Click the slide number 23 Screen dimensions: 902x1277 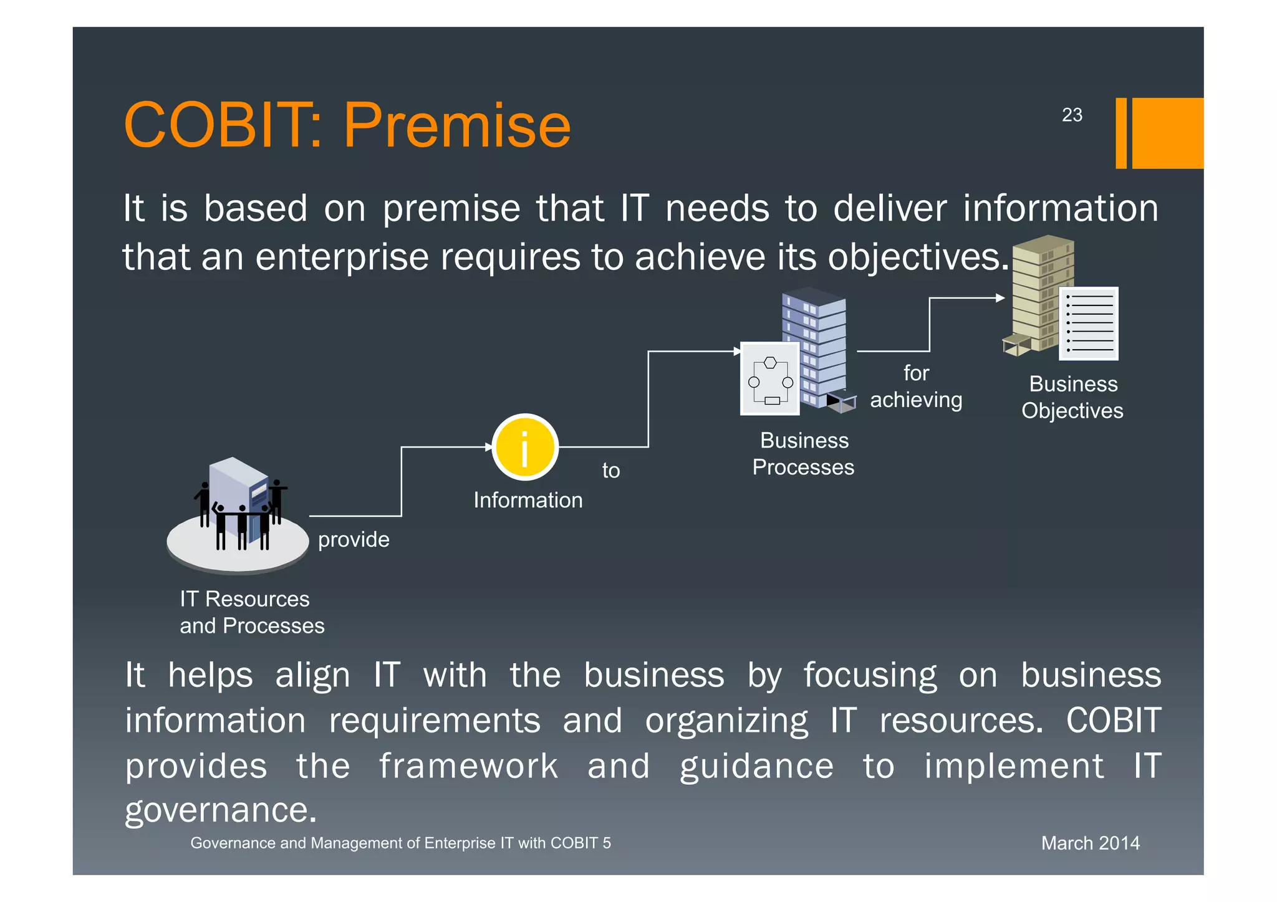pos(1072,115)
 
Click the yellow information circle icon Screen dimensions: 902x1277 pos(525,447)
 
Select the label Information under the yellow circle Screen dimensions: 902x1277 pos(528,500)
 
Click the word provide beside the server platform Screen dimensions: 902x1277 pos(354,539)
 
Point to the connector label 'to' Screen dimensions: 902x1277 pos(610,471)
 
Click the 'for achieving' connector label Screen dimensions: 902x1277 pos(915,386)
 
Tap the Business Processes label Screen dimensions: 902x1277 pos(803,454)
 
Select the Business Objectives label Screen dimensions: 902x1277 pos(1072,397)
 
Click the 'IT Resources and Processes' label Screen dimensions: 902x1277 pos(252,612)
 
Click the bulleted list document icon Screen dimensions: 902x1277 pos(1089,324)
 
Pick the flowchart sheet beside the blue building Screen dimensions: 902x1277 pos(770,379)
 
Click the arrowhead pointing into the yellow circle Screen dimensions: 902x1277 pos(489,447)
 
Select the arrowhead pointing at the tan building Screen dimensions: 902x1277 pos(1000,298)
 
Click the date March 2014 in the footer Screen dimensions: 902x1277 pos(1090,843)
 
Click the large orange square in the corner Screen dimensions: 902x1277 pos(1167,133)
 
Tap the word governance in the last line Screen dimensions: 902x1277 pos(221,810)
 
